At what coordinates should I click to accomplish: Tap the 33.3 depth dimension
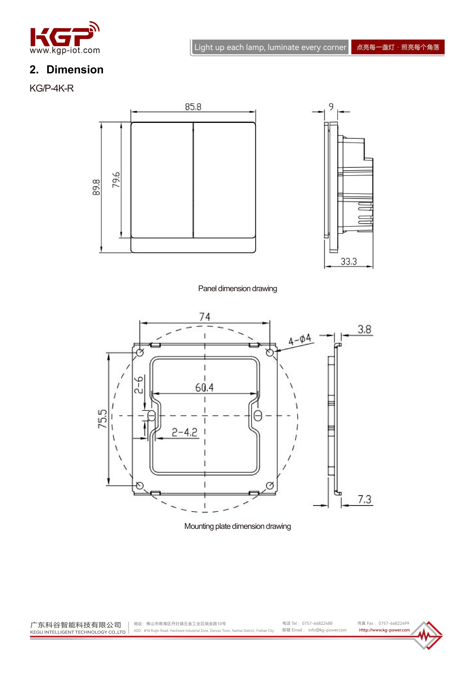pos(348,262)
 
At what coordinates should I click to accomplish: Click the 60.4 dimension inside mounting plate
pos(205,388)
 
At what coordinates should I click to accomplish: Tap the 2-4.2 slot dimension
pos(185,432)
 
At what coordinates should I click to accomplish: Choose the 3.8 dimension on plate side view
pos(364,330)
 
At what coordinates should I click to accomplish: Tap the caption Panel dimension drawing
pos(237,289)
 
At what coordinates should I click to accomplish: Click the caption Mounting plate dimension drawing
pos(237,526)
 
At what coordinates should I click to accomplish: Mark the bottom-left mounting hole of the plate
pos(140,485)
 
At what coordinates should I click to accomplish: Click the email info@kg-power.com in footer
pos(327,630)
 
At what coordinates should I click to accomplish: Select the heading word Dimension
pos(75,70)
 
